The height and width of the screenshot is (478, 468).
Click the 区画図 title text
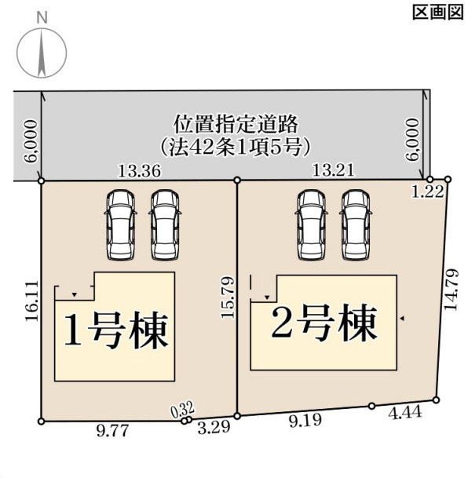[x=438, y=13]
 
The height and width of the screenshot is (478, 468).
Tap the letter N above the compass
[x=42, y=17]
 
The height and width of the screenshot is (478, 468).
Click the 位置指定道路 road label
[x=236, y=124]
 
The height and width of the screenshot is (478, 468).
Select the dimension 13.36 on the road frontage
[x=139, y=171]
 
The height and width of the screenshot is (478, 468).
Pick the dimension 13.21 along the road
[x=334, y=170]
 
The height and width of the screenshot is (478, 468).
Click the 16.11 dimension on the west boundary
[x=32, y=301]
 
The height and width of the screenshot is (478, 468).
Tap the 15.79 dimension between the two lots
[x=228, y=297]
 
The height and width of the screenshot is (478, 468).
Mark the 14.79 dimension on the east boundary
[x=451, y=289]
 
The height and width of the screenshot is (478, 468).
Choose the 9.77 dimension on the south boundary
[x=112, y=431]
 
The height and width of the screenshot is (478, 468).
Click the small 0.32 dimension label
[x=182, y=410]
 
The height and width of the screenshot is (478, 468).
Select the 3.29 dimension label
[x=214, y=428]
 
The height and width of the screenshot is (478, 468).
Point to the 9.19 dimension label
[x=305, y=421]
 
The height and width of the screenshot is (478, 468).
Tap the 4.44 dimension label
[x=405, y=413]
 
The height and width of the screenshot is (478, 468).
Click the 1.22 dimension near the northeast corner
[x=427, y=192]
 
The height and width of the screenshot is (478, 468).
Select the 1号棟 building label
[x=116, y=330]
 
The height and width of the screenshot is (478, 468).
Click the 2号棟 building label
[x=324, y=323]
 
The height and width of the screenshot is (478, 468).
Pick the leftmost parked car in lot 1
[x=120, y=225]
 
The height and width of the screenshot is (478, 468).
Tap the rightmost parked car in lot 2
[x=356, y=225]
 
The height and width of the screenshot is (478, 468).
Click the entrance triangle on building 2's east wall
[x=402, y=318]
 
